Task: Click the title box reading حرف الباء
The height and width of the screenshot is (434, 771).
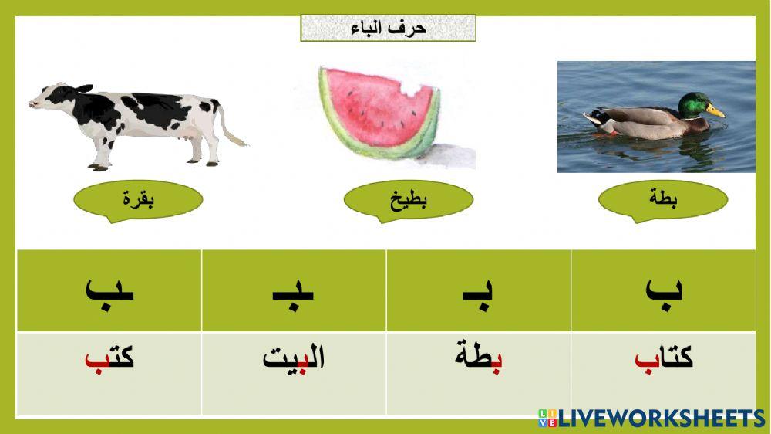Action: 387,29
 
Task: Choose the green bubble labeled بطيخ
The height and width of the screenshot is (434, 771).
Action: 408,201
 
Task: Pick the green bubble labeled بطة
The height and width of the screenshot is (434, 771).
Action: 663,201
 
